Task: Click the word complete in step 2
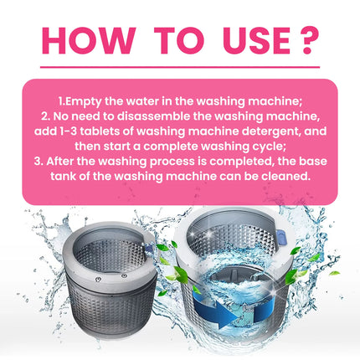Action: click(x=162, y=152)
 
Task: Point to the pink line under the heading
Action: click(x=180, y=67)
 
